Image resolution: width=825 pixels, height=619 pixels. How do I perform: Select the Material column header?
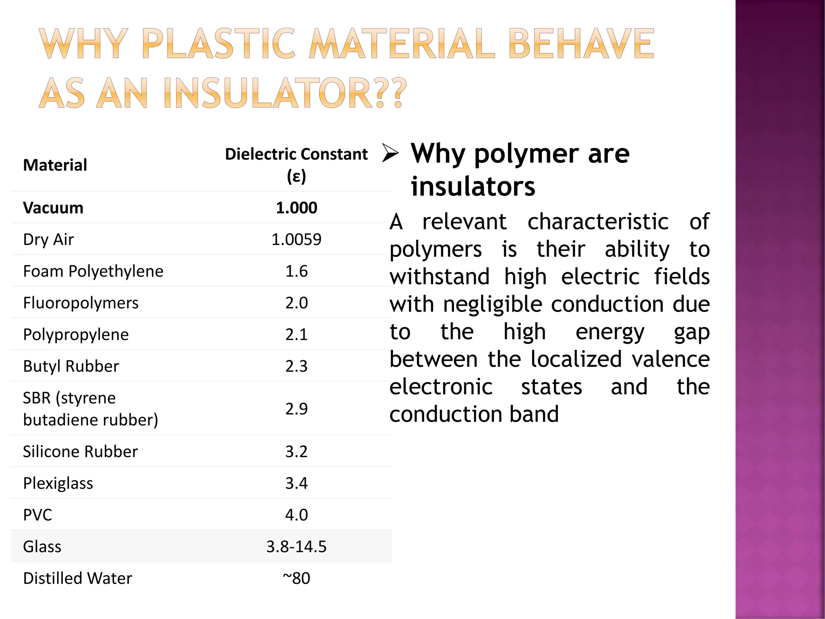(55, 165)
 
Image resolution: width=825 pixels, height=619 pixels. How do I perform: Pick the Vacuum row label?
(53, 208)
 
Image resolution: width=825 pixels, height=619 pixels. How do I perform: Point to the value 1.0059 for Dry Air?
(296, 239)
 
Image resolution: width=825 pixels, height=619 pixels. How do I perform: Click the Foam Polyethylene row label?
(93, 271)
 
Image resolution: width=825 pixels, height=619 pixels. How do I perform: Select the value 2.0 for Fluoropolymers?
(296, 303)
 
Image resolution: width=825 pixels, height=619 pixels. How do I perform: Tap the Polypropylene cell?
(76, 334)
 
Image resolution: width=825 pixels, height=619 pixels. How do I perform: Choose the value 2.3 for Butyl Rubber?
(296, 366)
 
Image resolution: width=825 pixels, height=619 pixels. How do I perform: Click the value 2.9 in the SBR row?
(296, 409)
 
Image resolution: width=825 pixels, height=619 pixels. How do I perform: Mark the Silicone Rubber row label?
(80, 451)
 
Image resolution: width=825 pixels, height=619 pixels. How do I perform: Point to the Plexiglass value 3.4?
(296, 483)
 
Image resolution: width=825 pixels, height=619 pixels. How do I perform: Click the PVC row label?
(37, 515)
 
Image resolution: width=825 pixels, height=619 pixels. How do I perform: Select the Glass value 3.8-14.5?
(296, 546)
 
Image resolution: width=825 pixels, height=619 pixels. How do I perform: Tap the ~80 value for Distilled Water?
(296, 578)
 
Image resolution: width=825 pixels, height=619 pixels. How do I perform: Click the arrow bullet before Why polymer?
(390, 153)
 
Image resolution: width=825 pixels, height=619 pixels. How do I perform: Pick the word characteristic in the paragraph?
(598, 222)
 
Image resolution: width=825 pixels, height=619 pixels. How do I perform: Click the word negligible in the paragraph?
(493, 304)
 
